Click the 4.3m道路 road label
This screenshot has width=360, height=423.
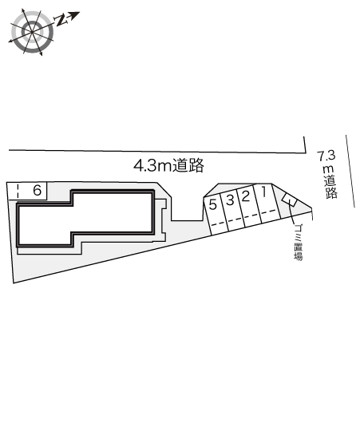click(x=169, y=166)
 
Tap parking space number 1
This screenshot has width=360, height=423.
click(x=263, y=194)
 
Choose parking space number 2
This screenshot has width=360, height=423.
click(x=246, y=196)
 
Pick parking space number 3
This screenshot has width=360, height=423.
click(x=229, y=200)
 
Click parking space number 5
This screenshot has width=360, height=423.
click(x=212, y=204)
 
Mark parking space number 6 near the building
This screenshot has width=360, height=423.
click(x=37, y=190)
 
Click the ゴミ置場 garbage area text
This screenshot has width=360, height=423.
click(x=297, y=244)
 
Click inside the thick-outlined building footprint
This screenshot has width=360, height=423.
click(x=84, y=217)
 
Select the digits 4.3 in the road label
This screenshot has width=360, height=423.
click(x=145, y=166)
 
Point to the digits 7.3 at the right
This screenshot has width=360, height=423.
click(x=326, y=156)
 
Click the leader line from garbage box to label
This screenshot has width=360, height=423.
click(x=297, y=216)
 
